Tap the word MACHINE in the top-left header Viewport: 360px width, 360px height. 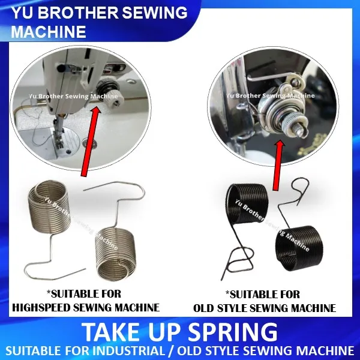[x=48, y=30]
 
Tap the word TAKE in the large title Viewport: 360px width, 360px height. [x=109, y=331]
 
